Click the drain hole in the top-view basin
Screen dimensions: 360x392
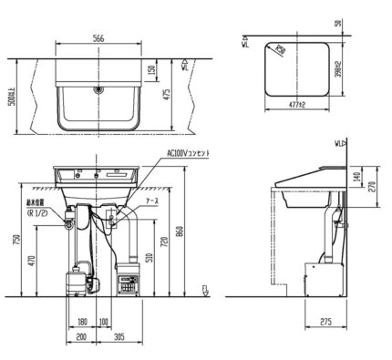(97, 91)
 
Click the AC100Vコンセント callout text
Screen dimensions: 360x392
(187, 155)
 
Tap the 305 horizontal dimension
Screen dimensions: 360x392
(120, 336)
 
